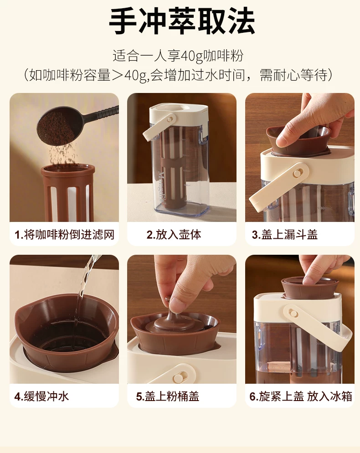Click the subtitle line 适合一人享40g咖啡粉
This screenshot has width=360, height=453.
(178, 56)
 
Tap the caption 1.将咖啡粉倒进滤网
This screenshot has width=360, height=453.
(65, 234)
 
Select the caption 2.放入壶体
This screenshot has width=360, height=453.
(174, 234)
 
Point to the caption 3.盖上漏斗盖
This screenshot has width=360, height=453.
(285, 234)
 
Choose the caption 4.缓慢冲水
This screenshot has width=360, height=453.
(41, 396)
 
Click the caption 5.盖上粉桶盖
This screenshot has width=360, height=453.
(168, 396)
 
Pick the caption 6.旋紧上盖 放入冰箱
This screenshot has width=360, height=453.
(301, 396)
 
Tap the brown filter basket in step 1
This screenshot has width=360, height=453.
(67, 192)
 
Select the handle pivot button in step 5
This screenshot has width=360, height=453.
(177, 378)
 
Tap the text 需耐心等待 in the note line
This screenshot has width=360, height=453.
(293, 75)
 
